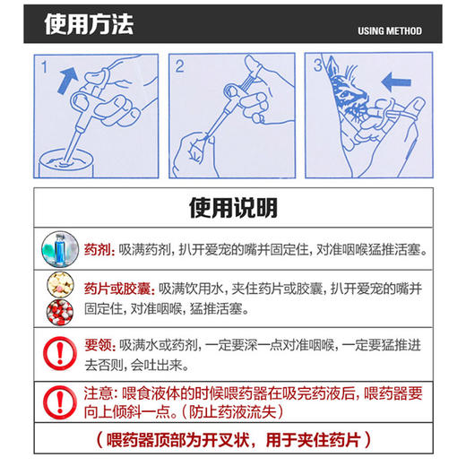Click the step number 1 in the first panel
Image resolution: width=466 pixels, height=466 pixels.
(x=45, y=66)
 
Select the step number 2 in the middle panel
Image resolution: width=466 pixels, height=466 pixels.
(x=179, y=65)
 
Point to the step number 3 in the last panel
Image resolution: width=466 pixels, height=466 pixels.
(x=316, y=66)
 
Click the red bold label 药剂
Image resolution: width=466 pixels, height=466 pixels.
(x=97, y=248)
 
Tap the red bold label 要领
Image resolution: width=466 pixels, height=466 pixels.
(x=97, y=343)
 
